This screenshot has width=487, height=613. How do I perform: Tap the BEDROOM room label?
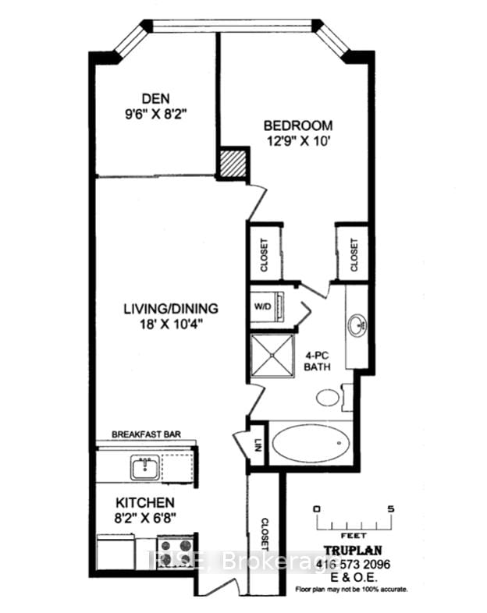297,125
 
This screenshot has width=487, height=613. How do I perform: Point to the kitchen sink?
144,469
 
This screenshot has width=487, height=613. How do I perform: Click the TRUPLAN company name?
355,549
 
